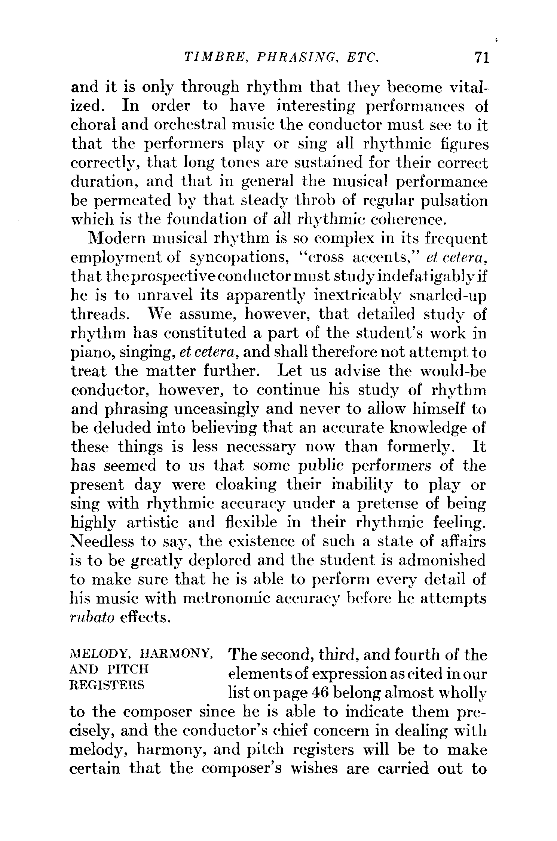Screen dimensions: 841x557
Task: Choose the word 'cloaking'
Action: [x=247, y=485]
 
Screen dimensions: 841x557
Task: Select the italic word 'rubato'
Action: [x=92, y=617]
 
